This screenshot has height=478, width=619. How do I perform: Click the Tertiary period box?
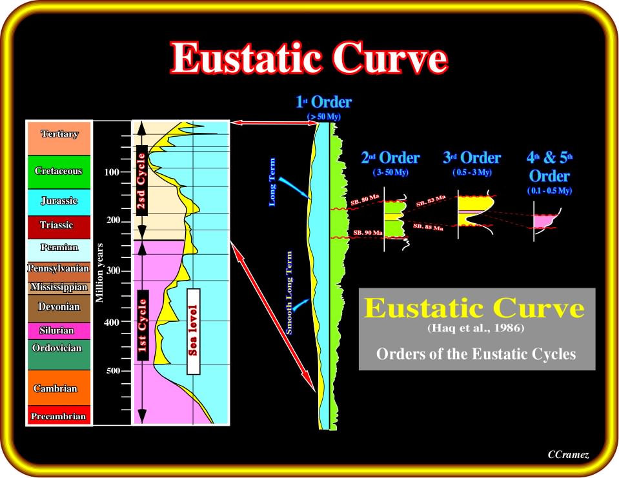[x=59, y=137]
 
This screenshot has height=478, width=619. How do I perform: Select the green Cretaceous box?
[x=59, y=172]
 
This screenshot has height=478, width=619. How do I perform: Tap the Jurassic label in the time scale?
[x=59, y=201]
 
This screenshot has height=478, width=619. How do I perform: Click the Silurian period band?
[x=59, y=331]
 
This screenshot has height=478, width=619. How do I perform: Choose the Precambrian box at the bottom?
[x=59, y=415]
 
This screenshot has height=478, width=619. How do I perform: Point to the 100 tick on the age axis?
[x=112, y=172]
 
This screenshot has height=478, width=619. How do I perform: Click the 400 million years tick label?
[x=112, y=323]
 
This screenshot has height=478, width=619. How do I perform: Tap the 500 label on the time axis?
[x=112, y=371]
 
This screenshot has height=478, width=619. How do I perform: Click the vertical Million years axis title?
[x=99, y=273]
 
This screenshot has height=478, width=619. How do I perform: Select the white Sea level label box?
[x=194, y=332]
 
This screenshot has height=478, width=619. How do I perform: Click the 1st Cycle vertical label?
[x=143, y=325]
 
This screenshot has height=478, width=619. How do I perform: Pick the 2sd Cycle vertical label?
[x=142, y=180]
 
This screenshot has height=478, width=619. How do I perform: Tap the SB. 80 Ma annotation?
[x=365, y=200]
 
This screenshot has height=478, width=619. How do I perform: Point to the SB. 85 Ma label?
[x=428, y=227]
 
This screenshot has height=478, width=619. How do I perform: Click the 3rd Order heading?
[x=472, y=158]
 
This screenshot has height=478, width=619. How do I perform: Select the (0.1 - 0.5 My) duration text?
[x=549, y=190]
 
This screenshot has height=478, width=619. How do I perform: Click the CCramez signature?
[x=569, y=455]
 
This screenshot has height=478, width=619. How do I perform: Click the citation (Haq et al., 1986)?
[x=476, y=328]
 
